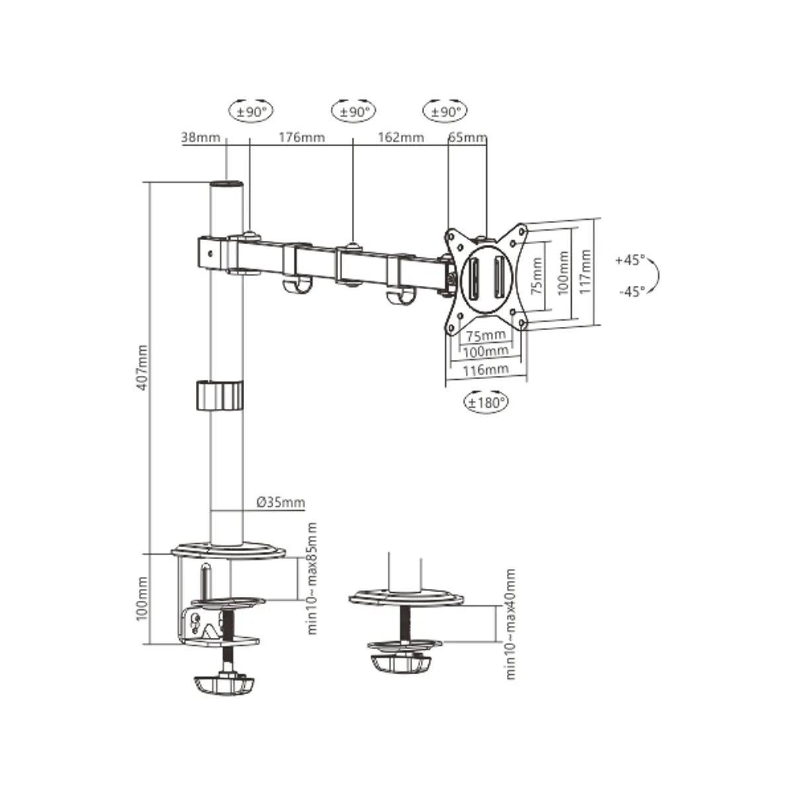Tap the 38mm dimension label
200,138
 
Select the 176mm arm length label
301,138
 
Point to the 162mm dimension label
400,138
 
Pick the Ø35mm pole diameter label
281,502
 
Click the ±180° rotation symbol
486,401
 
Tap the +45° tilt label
629,260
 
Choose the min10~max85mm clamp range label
312,578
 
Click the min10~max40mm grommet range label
510,623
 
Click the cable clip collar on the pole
219,396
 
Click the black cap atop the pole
226,184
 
